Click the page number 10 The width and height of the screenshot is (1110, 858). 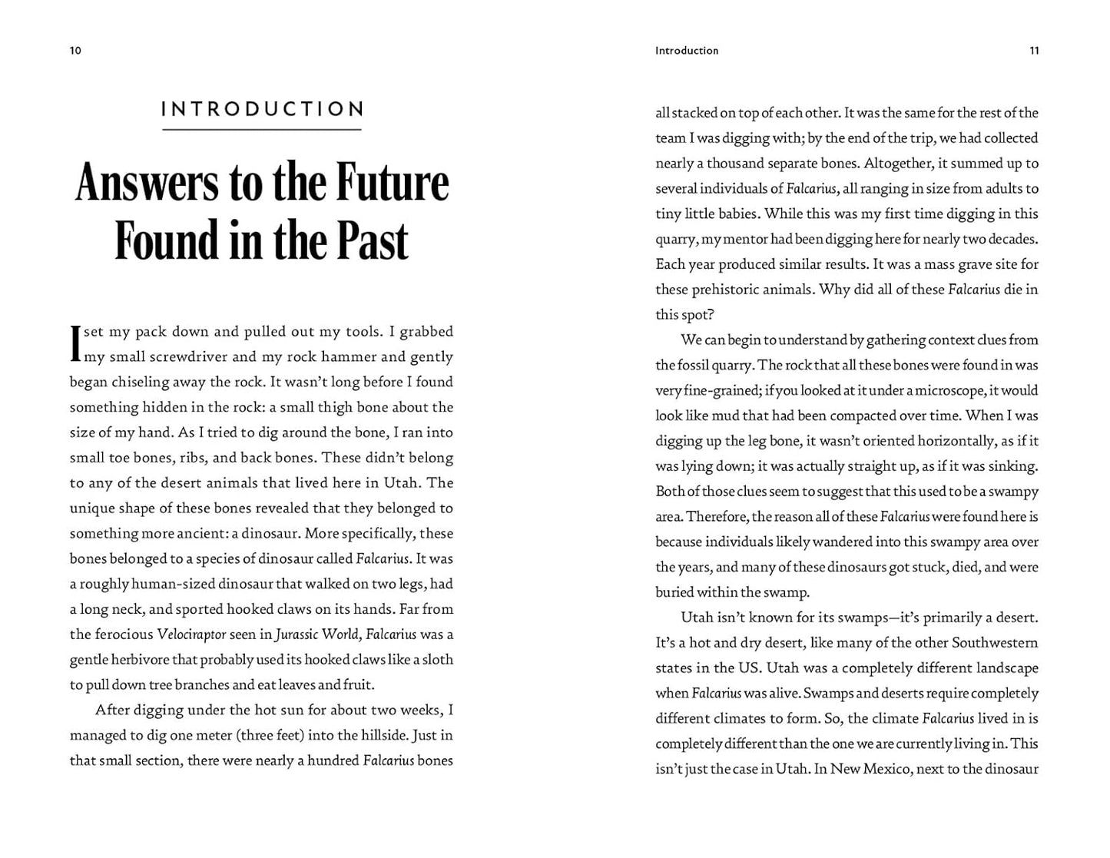(x=75, y=51)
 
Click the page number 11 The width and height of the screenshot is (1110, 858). (x=1034, y=51)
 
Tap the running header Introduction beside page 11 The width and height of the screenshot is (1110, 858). (x=687, y=51)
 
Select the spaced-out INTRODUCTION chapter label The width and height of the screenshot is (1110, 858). (x=262, y=109)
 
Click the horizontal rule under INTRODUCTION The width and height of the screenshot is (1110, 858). (x=262, y=130)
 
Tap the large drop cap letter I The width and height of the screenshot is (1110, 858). (x=75, y=343)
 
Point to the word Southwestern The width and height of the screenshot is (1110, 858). (x=995, y=643)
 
